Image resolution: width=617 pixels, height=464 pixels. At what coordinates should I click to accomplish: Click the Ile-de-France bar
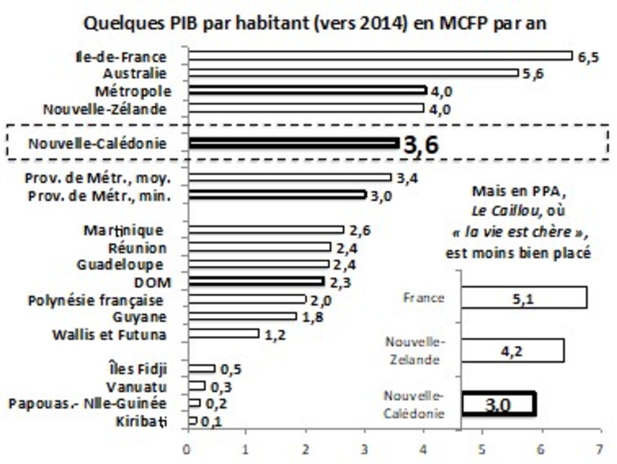pyautogui.click(x=380, y=56)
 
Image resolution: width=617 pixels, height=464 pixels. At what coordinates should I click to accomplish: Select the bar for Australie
pyautogui.click(x=354, y=73)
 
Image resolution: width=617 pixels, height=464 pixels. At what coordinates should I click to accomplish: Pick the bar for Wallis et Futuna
pyautogui.click(x=224, y=334)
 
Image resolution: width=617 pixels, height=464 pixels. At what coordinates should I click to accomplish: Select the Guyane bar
pyautogui.click(x=243, y=316)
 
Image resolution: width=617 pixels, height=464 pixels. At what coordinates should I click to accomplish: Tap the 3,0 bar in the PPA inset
pyautogui.click(x=499, y=404)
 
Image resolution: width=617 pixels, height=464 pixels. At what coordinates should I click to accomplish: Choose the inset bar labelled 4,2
pyautogui.click(x=513, y=350)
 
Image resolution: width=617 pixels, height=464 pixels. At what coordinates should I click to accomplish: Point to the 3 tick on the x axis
pyautogui.click(x=365, y=449)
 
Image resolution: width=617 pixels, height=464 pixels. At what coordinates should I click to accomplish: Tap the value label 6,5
pyautogui.click(x=588, y=57)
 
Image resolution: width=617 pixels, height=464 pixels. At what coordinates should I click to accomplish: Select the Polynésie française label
pyautogui.click(x=96, y=300)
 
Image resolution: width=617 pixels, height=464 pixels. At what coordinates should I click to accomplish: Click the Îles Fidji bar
pyautogui.click(x=202, y=368)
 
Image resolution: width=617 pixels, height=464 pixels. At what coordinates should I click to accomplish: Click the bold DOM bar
pyautogui.click(x=257, y=281)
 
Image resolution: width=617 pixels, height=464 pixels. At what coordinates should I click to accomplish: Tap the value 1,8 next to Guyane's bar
pyautogui.click(x=313, y=317)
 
